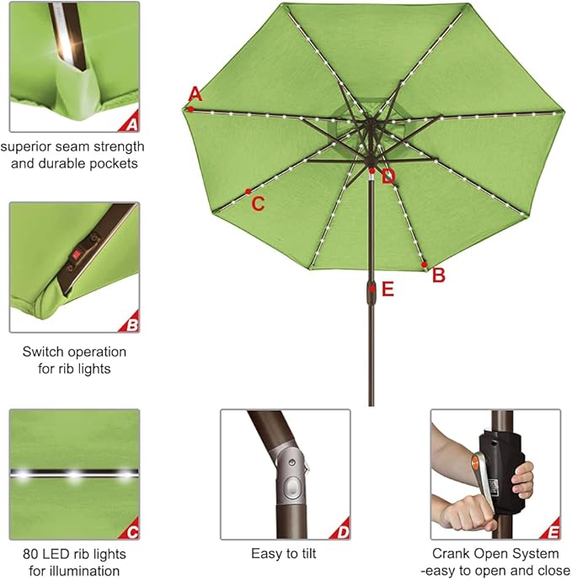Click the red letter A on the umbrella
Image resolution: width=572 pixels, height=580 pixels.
click(195, 93)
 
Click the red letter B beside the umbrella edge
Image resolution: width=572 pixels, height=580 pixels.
click(438, 275)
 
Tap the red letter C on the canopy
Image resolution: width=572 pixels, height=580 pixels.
click(259, 204)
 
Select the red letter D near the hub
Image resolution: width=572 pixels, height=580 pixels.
click(388, 177)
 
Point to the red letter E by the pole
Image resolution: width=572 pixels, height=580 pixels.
click(388, 290)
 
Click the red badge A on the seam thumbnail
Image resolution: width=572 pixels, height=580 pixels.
click(130, 125)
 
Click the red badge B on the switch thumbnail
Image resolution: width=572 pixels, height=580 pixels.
click(130, 322)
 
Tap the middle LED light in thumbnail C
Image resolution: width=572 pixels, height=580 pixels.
click(74, 476)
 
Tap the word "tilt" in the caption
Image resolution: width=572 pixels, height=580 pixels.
click(307, 554)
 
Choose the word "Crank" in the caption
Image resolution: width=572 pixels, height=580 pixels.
click(452, 554)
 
